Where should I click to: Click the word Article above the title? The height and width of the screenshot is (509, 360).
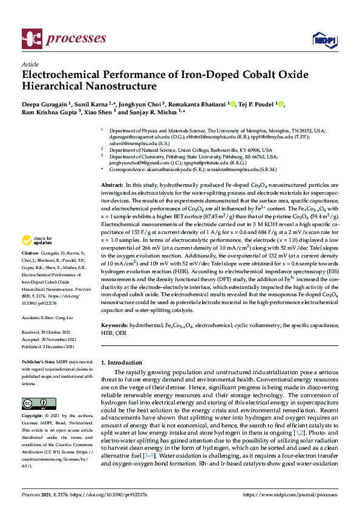click(x=30, y=64)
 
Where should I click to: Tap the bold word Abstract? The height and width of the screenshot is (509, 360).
click(x=112, y=184)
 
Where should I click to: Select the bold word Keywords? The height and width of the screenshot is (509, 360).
click(x=114, y=325)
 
